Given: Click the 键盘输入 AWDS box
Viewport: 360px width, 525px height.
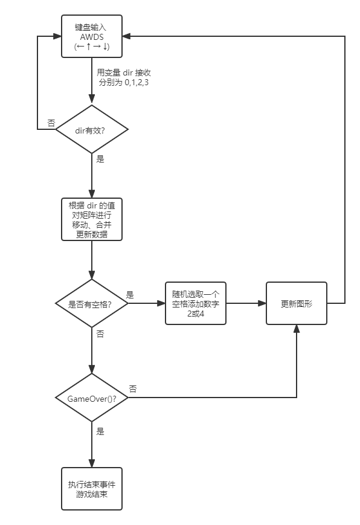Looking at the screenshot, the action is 92,36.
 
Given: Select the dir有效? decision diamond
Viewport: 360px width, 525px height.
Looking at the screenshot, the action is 92,129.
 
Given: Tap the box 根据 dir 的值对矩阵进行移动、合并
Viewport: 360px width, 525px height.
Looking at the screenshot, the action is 92,219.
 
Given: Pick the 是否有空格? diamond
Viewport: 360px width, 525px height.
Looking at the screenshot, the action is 92,303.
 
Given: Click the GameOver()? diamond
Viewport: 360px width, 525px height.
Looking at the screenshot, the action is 92,398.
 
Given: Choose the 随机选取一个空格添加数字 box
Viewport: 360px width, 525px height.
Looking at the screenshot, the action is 196,303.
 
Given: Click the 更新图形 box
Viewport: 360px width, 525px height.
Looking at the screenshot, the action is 297,303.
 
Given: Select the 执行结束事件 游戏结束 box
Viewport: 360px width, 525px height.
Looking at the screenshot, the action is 92,489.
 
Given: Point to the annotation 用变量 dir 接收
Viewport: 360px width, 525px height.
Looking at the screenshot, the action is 124,72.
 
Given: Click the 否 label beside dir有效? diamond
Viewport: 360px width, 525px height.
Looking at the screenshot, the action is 51,123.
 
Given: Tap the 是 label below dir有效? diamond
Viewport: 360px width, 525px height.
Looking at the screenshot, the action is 100,159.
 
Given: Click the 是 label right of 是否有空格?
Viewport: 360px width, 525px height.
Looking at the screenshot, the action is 130,295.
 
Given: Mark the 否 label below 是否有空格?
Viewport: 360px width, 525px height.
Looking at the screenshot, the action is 100,334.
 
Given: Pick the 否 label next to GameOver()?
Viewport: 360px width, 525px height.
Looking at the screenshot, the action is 133,388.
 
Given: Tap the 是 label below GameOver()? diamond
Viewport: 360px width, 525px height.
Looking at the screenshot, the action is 100,431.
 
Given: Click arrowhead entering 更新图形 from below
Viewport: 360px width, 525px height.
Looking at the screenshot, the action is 297,329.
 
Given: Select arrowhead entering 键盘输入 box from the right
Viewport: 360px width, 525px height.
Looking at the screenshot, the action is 126,36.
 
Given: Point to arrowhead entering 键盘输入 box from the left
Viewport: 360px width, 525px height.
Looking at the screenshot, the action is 57,36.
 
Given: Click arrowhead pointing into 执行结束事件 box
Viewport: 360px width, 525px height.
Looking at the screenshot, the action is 92,463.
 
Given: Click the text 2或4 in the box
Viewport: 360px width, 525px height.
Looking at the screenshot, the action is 196,314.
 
